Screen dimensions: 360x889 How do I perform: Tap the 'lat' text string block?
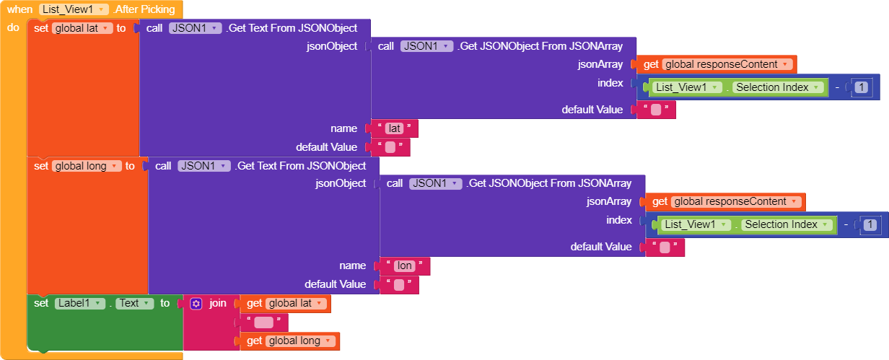(x=394, y=128)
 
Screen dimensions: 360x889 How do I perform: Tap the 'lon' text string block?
(x=405, y=265)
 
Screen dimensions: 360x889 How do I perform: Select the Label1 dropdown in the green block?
(x=80, y=303)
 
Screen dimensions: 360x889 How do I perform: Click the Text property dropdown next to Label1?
(x=135, y=303)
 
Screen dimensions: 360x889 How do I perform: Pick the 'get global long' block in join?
(x=289, y=341)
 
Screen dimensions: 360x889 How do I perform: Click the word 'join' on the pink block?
(x=218, y=303)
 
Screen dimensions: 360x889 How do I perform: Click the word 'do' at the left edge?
(x=13, y=27)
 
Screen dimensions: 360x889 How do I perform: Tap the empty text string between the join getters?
(x=263, y=322)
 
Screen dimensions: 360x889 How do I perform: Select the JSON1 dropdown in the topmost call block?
(x=195, y=28)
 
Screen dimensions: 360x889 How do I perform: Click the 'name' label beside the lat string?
(x=344, y=128)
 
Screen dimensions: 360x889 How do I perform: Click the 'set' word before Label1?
(x=41, y=303)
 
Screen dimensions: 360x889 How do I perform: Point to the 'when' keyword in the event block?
(x=20, y=9)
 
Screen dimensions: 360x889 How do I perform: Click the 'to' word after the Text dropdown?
(x=165, y=303)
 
